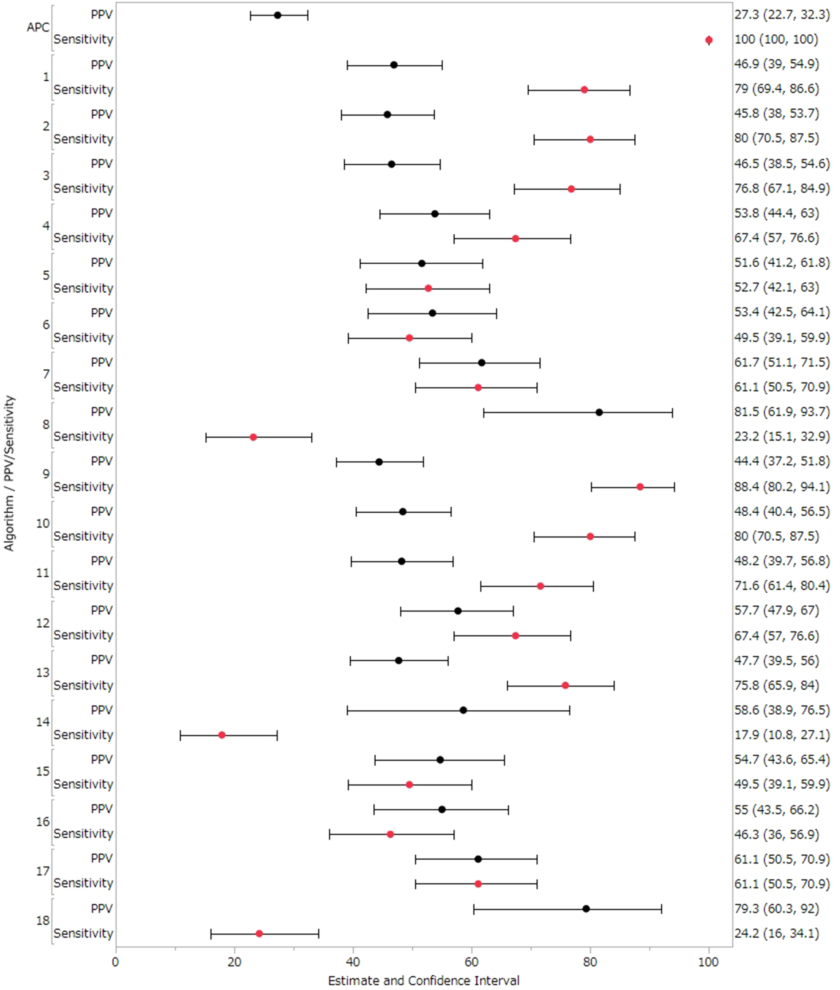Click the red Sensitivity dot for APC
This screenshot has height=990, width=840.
click(709, 40)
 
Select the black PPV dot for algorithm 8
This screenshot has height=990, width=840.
click(599, 412)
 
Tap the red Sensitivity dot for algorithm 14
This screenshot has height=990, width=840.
click(222, 735)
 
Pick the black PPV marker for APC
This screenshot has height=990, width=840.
click(278, 15)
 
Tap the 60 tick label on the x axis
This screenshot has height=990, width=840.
click(471, 962)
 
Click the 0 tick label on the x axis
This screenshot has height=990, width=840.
click(116, 962)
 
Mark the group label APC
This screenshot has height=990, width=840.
click(38, 28)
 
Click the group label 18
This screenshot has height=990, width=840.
click(43, 920)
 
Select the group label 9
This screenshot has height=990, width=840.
click(46, 474)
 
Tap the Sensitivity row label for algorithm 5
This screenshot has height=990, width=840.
click(83, 288)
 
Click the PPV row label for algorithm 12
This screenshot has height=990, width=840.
click(102, 610)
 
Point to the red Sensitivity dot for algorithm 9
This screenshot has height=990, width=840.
click(640, 487)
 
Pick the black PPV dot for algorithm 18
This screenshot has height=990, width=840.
click(586, 909)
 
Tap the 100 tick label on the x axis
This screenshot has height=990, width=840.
click(708, 962)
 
